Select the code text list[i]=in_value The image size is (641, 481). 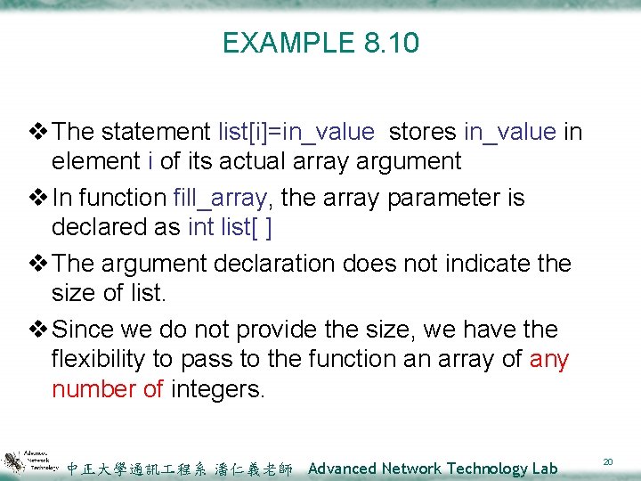pyautogui.click(x=296, y=132)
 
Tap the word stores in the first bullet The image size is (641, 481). pyautogui.click(x=423, y=132)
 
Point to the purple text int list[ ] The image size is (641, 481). pyautogui.click(x=231, y=227)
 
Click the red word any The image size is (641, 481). pyautogui.click(x=548, y=359)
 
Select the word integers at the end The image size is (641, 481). pyautogui.click(x=217, y=388)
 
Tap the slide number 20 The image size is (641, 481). pyautogui.click(x=608, y=461)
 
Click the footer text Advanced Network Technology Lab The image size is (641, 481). pyautogui.click(x=433, y=468)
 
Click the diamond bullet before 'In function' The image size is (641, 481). pyautogui.click(x=40, y=198)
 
